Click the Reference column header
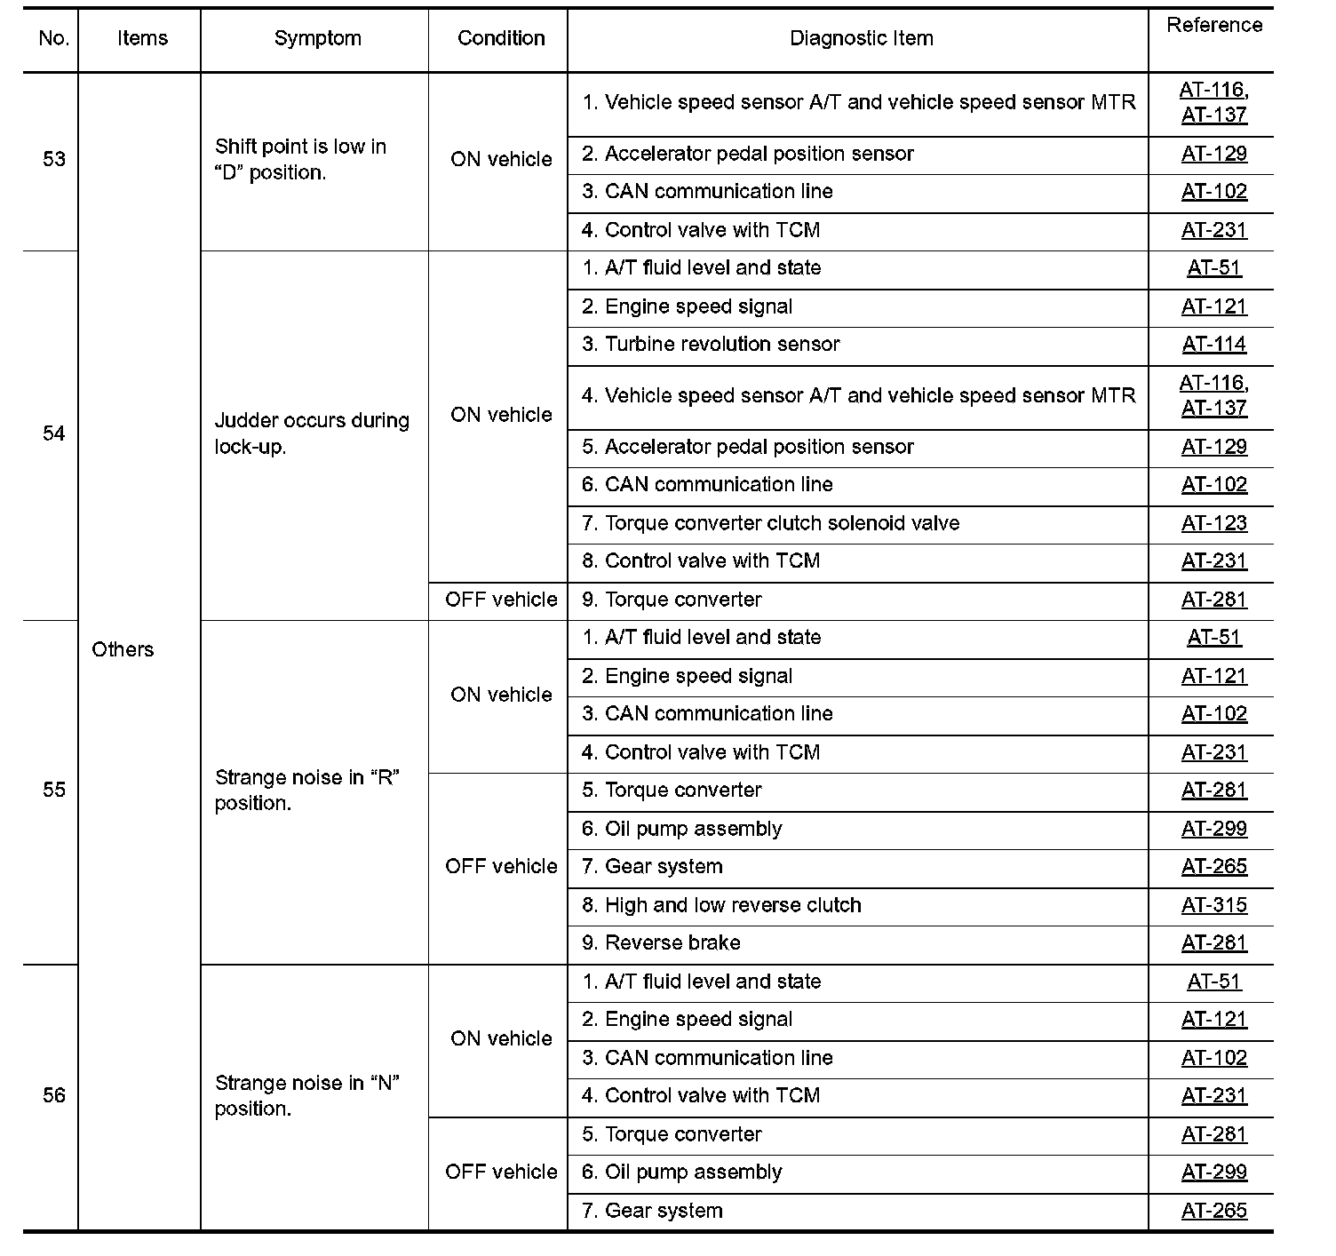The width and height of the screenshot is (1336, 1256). [1213, 26]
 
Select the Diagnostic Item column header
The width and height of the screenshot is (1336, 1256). [861, 38]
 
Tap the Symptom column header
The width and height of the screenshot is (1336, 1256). [317, 38]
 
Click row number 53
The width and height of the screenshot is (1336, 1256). [54, 159]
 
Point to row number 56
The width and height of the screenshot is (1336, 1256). [54, 1095]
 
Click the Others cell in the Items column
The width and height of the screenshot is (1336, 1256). [123, 649]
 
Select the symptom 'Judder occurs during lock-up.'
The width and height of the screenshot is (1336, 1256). [312, 433]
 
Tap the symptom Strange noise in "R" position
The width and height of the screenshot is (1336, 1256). [306, 791]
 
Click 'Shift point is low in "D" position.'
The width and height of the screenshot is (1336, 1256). [300, 160]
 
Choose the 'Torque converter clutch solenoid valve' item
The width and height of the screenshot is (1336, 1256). [770, 523]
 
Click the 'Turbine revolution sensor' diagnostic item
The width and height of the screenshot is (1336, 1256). [711, 345]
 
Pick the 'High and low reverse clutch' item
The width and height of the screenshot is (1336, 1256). [721, 905]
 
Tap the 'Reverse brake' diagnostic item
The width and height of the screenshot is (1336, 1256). [661, 943]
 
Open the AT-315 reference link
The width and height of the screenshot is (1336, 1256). [1213, 905]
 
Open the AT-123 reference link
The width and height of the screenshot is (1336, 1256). [1213, 523]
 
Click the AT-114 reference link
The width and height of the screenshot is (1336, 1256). [1213, 345]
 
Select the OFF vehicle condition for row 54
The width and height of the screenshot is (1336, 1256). [501, 600]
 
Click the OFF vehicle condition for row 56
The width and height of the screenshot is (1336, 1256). [501, 1172]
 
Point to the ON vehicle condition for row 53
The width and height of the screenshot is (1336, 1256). [501, 159]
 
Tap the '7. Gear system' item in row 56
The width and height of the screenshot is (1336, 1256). [652, 1211]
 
